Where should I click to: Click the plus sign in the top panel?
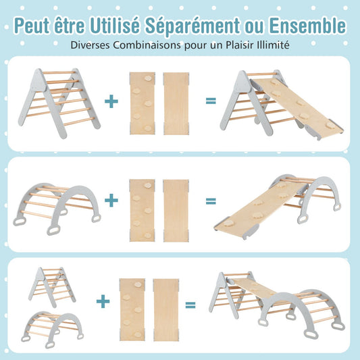[111, 101]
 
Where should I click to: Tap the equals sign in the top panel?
[211, 101]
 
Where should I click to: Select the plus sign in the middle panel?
[111, 201]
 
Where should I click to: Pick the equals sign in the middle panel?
[211, 201]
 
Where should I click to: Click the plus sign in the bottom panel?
[102, 301]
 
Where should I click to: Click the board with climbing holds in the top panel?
[142, 102]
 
